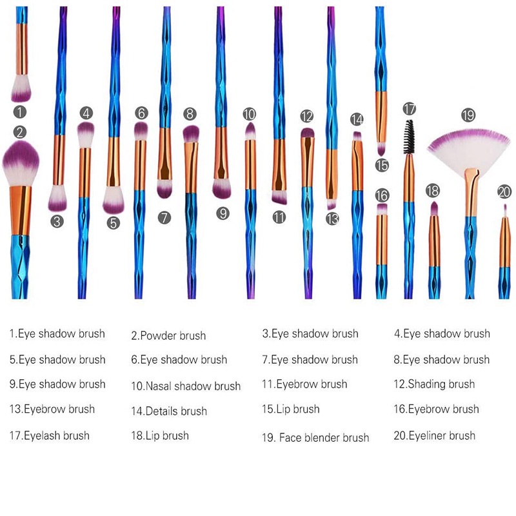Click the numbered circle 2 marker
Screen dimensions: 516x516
coord(20,132)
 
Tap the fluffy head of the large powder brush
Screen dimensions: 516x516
coord(21,164)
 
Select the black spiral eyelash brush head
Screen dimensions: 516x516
coord(409,137)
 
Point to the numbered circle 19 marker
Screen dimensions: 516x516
coord(468,115)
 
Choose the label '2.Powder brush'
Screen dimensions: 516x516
coord(168,335)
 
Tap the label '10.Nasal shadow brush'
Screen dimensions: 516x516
coord(186,386)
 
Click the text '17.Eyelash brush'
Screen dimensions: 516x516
coord(50,436)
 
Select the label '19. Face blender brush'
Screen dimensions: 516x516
coord(315,437)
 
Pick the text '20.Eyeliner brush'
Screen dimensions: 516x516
coord(434,436)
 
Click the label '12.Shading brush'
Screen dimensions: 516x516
coord(434,384)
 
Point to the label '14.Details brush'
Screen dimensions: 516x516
coord(169,411)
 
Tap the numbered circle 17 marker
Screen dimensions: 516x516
coord(410,108)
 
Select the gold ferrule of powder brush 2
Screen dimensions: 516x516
coord(21,211)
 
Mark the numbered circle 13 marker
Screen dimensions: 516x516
coord(332,219)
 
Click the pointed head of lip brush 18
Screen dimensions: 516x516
coord(434,208)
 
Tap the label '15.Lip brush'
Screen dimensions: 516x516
coord(291,409)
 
